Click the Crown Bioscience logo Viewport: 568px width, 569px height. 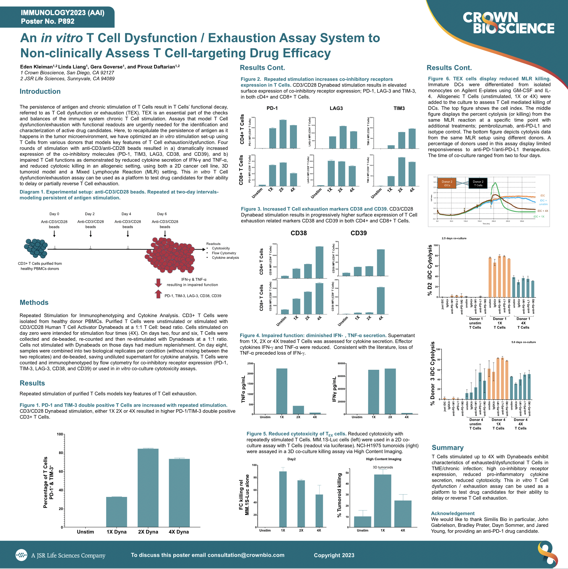(508, 23)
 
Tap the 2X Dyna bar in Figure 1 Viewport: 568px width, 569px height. (148, 487)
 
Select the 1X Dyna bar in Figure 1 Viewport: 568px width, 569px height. (116, 512)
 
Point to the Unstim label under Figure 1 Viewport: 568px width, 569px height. (85, 532)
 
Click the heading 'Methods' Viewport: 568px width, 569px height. (34, 303)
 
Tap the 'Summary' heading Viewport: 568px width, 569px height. (447, 447)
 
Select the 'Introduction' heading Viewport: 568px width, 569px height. (40, 92)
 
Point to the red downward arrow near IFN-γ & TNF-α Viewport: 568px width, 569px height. (158, 283)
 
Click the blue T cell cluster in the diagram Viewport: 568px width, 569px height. (36, 248)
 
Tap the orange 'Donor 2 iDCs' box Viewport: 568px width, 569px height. (447, 183)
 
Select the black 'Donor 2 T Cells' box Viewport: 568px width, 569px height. (478, 183)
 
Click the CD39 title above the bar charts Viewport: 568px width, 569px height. (358, 233)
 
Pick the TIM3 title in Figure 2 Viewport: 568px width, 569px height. (399, 108)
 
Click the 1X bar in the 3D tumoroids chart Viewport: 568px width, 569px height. (383, 501)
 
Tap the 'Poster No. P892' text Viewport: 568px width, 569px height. (48, 21)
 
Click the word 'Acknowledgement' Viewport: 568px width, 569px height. (453, 513)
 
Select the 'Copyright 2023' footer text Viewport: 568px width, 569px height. (334, 555)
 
